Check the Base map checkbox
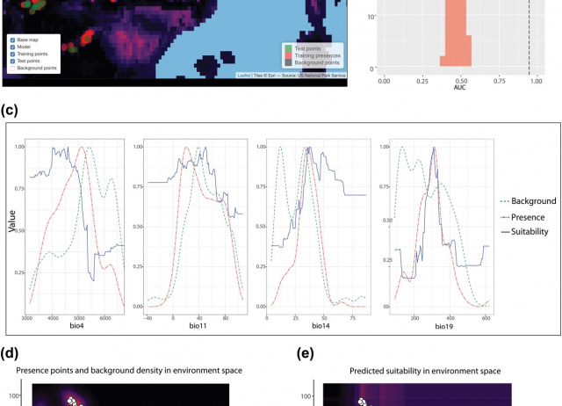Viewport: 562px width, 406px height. coord(12,40)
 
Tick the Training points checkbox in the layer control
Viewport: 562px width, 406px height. coord(12,54)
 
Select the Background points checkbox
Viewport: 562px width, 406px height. coord(12,67)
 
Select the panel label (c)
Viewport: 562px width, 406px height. coord(10,111)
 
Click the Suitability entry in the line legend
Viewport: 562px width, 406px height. coord(526,232)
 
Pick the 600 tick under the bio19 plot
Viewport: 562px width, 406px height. coord(484,317)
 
